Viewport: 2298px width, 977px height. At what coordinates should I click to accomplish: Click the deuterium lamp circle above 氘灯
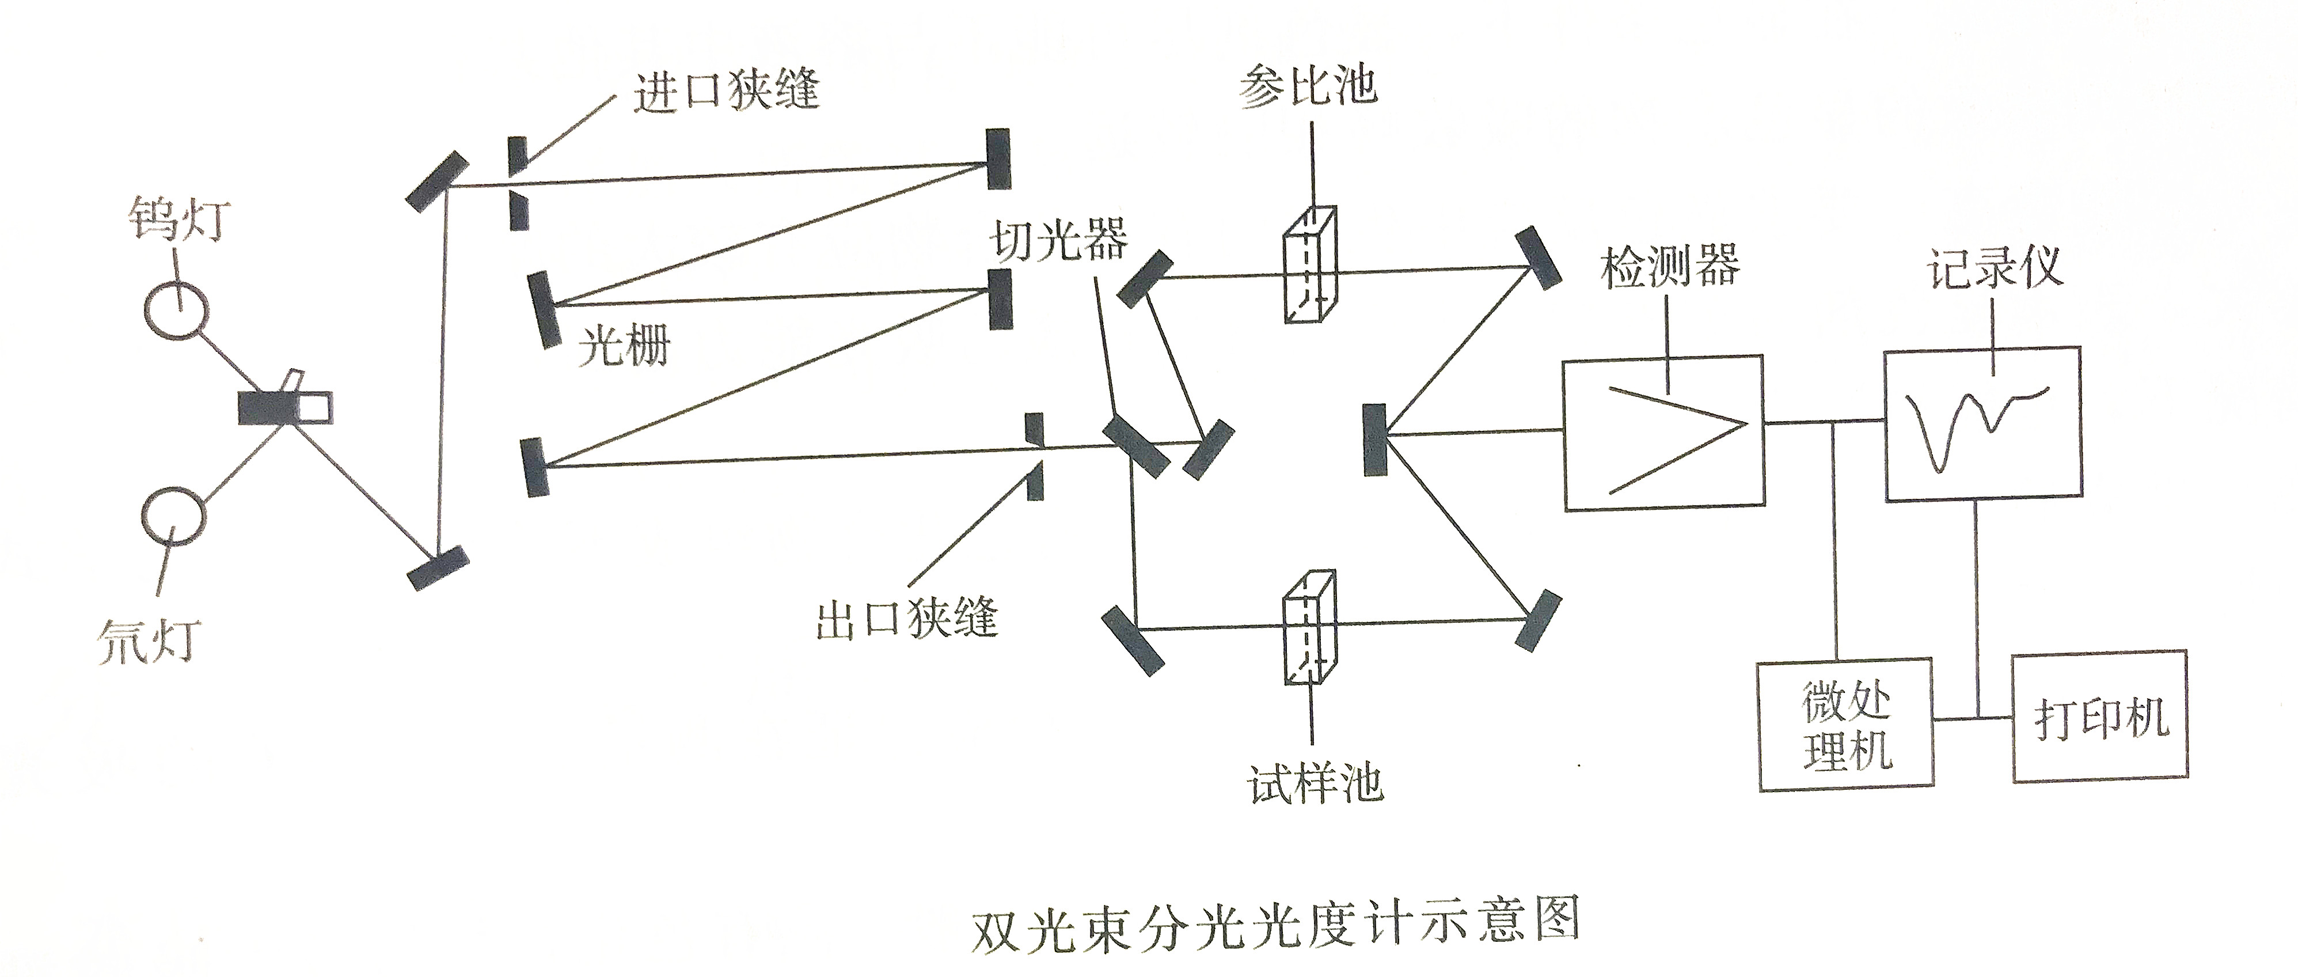173,515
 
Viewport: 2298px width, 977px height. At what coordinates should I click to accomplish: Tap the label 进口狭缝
726,90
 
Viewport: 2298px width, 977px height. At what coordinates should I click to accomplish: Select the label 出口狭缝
906,618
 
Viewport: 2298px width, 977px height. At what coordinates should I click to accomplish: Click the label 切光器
1059,238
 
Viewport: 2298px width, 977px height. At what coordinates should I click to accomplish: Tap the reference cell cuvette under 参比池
1309,265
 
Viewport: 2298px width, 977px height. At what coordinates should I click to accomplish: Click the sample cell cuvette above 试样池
1309,628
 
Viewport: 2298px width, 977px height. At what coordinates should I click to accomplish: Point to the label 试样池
1315,784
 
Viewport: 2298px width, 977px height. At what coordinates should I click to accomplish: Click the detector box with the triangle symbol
1663,433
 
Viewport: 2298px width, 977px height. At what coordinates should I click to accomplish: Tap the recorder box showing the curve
1982,422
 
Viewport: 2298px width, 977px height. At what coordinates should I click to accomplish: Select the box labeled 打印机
2099,717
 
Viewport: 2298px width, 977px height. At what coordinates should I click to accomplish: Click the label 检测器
1670,266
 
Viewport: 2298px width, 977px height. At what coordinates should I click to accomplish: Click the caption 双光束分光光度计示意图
1277,921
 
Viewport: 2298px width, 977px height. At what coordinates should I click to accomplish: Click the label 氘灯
148,641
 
